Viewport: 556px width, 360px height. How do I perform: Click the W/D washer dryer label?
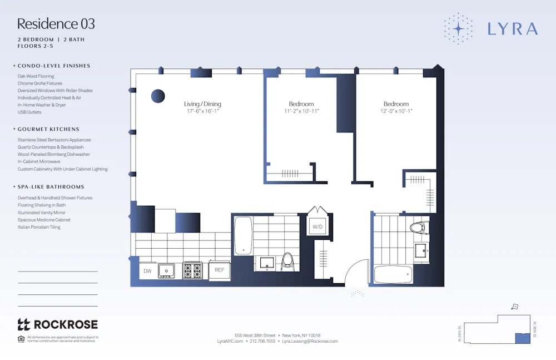pyautogui.click(x=317, y=226)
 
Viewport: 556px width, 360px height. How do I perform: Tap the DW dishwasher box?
pyautogui.click(x=147, y=271)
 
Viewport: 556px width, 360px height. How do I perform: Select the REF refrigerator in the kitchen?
pyautogui.click(x=219, y=270)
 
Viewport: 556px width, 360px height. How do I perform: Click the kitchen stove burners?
pyautogui.click(x=193, y=270)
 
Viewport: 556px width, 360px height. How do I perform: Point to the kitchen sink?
pyautogui.click(x=166, y=271)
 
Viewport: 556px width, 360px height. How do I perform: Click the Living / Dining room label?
pyautogui.click(x=202, y=104)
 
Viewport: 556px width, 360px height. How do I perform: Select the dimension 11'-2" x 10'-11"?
pyautogui.click(x=301, y=111)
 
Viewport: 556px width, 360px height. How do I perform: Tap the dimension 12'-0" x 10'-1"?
pyautogui.click(x=396, y=111)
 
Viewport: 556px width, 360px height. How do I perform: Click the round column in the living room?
pyautogui.click(x=158, y=96)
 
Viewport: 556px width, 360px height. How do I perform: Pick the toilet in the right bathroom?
pyautogui.click(x=419, y=228)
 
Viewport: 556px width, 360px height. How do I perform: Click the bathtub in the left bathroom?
pyautogui.click(x=243, y=235)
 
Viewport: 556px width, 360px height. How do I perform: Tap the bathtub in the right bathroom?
pyautogui.click(x=393, y=274)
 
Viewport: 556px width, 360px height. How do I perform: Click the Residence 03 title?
pyautogui.click(x=56, y=24)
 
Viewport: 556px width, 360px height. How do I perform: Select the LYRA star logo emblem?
pyautogui.click(x=458, y=28)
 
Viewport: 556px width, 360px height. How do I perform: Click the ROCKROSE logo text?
pyautogui.click(x=66, y=324)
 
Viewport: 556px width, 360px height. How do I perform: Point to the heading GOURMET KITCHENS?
pyautogui.click(x=48, y=129)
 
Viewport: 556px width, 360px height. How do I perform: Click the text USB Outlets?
pyautogui.click(x=29, y=112)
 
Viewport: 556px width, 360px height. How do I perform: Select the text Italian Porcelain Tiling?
pyautogui.click(x=39, y=227)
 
